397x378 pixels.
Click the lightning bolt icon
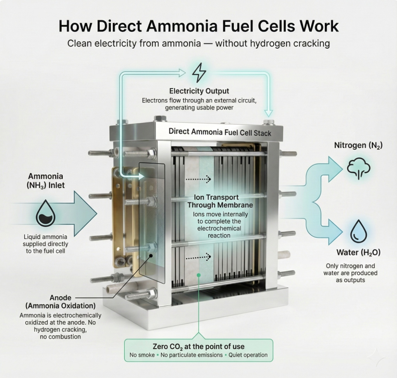point(199,72)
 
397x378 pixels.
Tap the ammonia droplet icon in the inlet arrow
point(45,215)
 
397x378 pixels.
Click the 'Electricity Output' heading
point(199,91)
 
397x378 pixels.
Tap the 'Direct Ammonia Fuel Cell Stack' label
point(220,132)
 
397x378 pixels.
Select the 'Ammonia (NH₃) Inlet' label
point(45,181)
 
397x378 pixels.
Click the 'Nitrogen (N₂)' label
point(358,145)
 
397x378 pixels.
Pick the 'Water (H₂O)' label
point(358,253)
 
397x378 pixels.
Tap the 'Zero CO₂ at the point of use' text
point(198,346)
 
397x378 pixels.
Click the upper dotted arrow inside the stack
point(198,179)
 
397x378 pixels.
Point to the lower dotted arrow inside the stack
point(198,256)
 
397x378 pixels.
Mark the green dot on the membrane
point(198,275)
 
